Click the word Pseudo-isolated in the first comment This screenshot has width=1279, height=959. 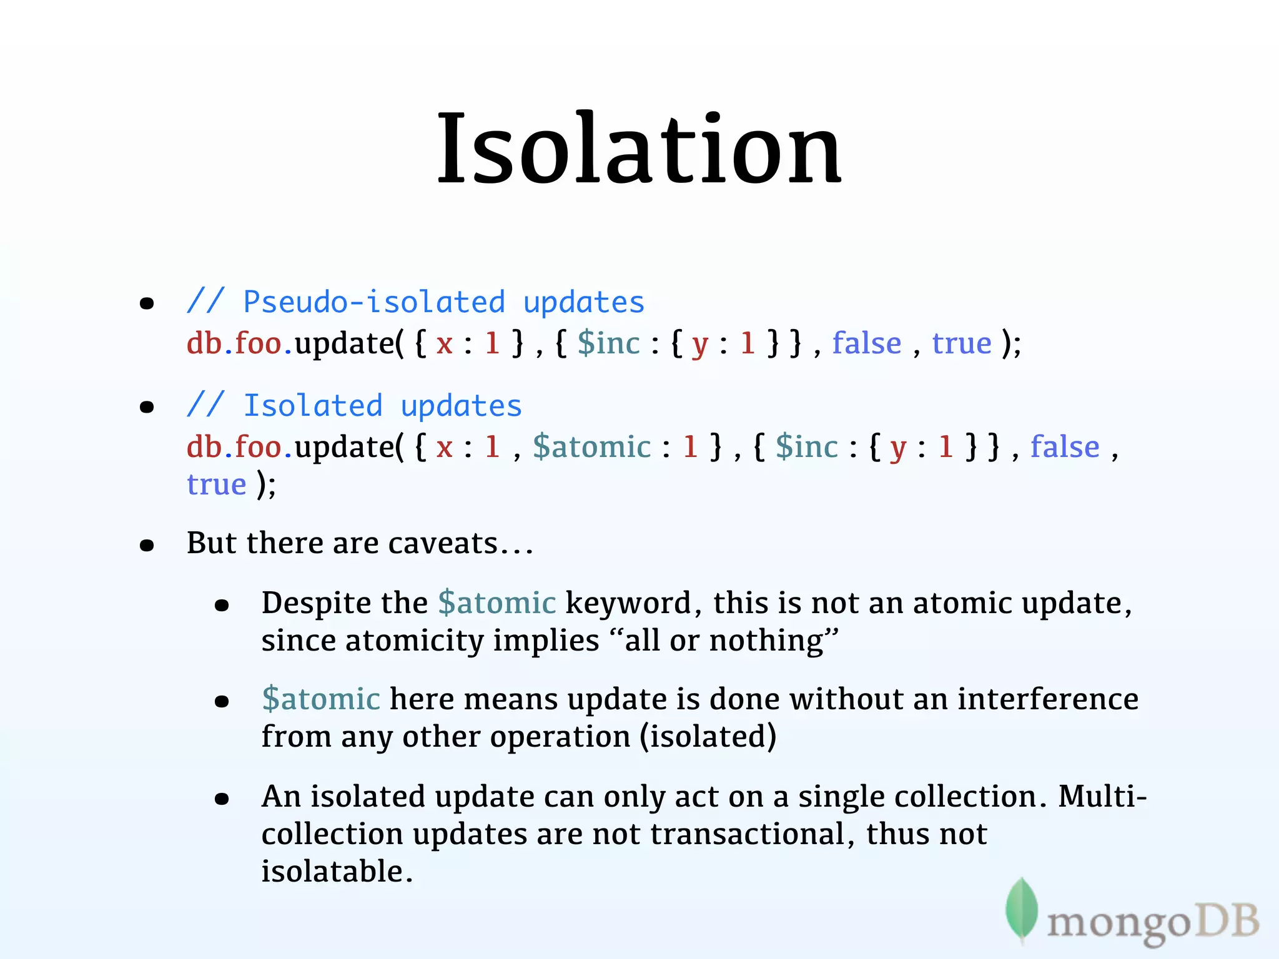[373, 303]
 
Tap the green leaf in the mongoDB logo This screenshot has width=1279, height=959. [1021, 908]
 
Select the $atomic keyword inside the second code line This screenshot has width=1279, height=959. [591, 447]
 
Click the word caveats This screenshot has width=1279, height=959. [442, 543]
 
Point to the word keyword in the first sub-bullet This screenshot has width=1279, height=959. [628, 603]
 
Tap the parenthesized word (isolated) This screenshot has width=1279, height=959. [708, 737]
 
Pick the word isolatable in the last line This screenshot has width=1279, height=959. [336, 872]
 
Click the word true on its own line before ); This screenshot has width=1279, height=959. [217, 484]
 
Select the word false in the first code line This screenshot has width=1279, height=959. [866, 343]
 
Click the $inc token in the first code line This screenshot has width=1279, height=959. [608, 343]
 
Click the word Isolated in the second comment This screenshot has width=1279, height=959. [313, 406]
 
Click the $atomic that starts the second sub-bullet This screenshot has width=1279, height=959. [321, 699]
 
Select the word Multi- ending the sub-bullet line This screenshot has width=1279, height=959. [1102, 797]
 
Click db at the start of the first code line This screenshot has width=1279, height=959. [204, 343]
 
